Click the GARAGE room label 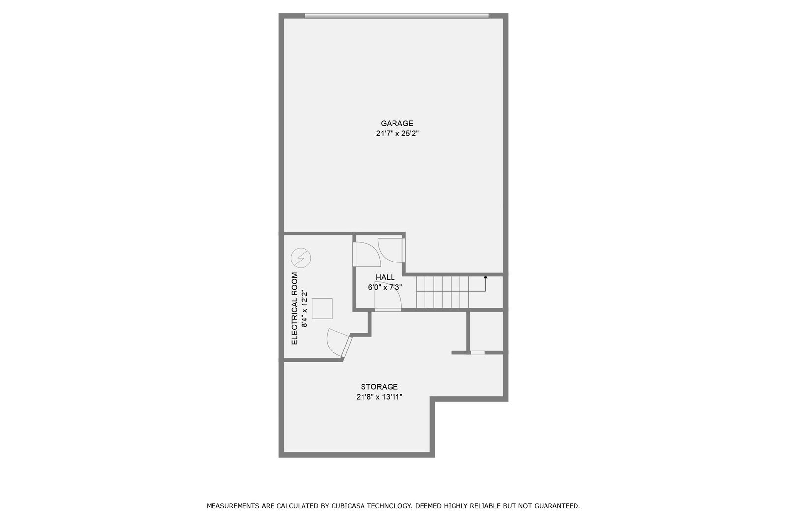pos(397,123)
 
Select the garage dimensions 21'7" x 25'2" pos(397,134)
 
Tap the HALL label pos(385,277)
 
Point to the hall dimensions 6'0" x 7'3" pos(385,287)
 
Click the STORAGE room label pos(379,387)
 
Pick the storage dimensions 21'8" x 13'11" pos(379,397)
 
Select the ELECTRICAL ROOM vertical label pos(295,308)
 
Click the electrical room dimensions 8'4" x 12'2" pos(304,308)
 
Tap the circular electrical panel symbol pos(301,258)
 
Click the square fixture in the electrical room pos(322,309)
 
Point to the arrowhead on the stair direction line pos(486,277)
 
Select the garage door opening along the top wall pos(397,16)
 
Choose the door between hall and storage pos(388,297)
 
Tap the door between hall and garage pos(392,250)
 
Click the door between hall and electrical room pos(366,254)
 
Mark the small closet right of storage pos(486,331)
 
